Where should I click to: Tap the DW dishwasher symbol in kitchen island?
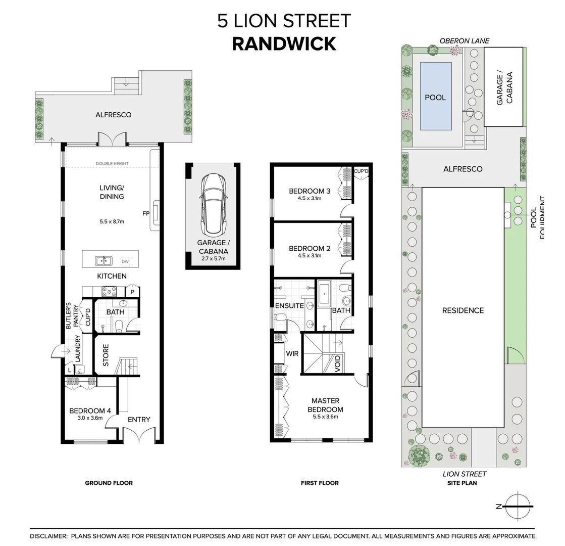click(x=125, y=261)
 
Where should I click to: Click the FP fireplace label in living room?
click(x=145, y=213)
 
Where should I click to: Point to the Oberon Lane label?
click(x=464, y=41)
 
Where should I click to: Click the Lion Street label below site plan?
click(x=464, y=474)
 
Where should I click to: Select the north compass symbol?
click(x=518, y=506)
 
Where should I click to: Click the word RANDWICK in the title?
click(x=284, y=44)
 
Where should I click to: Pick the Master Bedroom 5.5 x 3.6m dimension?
click(x=327, y=417)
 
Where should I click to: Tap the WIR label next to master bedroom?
click(x=292, y=353)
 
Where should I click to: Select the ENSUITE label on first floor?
click(x=289, y=306)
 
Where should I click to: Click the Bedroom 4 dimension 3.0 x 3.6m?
click(x=89, y=418)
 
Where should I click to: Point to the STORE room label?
click(x=106, y=356)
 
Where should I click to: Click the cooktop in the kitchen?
click(x=110, y=291)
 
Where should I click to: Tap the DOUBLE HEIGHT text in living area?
click(x=112, y=164)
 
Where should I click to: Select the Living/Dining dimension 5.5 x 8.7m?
click(x=112, y=221)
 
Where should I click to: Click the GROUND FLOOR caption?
click(x=109, y=483)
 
